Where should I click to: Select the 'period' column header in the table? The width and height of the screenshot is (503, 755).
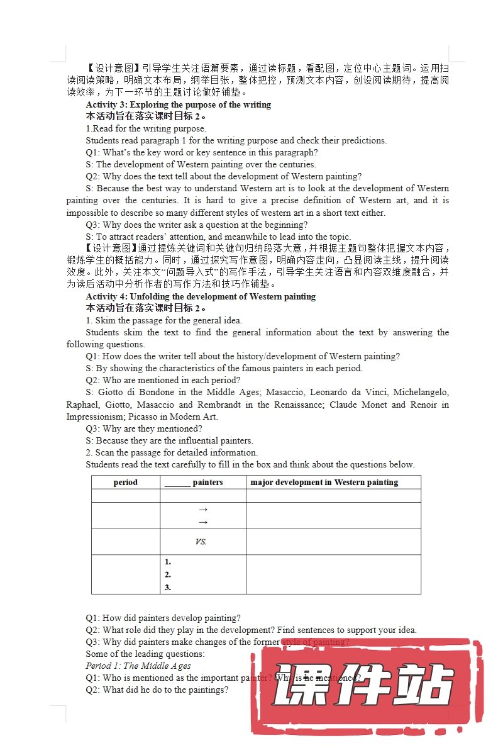pyautogui.click(x=126, y=483)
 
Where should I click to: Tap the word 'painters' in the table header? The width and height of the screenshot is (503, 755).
pyautogui.click(x=207, y=483)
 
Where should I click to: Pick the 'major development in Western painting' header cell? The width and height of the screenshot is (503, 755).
pyautogui.click(x=324, y=483)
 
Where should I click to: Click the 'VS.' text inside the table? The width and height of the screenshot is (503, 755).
pyautogui.click(x=201, y=542)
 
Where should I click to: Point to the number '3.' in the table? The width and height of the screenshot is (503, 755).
pyautogui.click(x=168, y=588)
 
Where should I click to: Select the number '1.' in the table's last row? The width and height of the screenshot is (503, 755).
pyautogui.click(x=168, y=562)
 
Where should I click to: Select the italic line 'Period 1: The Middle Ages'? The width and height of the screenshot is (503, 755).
pyautogui.click(x=138, y=666)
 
